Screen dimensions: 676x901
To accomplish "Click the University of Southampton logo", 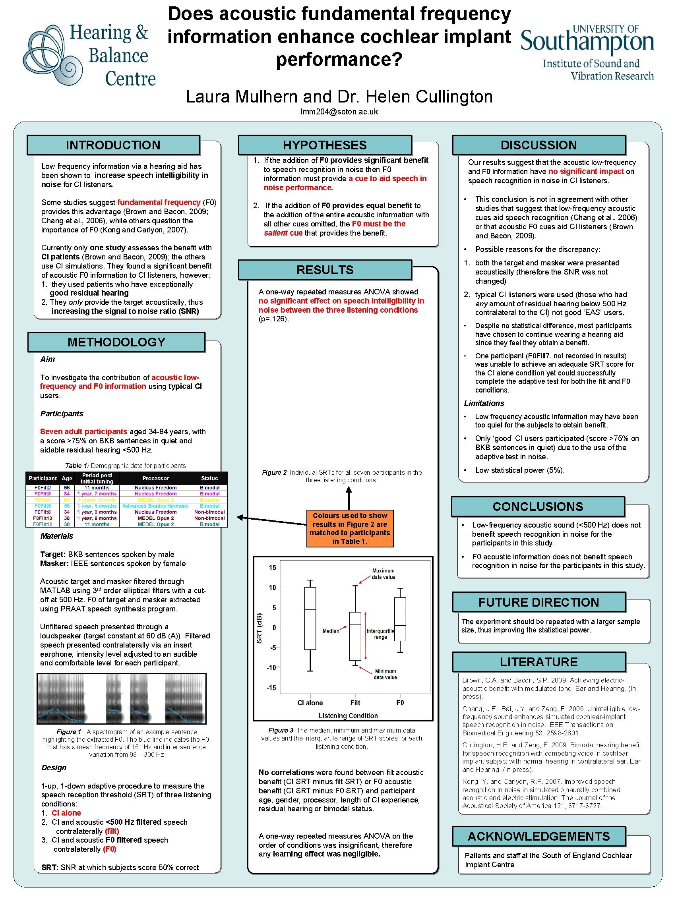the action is click(587, 52).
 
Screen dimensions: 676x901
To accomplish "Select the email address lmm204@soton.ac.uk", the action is click(339, 112).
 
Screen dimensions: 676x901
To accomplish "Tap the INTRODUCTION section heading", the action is click(113, 145).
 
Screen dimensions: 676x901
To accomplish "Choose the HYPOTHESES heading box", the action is click(325, 145).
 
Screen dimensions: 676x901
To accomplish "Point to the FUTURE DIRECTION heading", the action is click(538, 602).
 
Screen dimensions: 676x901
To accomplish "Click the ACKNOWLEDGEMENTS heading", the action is click(538, 836).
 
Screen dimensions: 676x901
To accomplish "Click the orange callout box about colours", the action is click(350, 528).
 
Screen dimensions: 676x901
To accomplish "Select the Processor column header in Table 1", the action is click(155, 478).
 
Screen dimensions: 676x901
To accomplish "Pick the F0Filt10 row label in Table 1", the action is click(43, 518).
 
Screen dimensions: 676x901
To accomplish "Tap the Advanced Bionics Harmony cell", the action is click(155, 506).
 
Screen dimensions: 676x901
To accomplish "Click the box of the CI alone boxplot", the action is click(310, 618).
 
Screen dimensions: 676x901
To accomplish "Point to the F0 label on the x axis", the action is click(400, 703).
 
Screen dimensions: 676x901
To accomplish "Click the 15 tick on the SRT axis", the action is click(272, 567).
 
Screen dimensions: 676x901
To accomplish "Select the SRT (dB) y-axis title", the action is click(259, 628).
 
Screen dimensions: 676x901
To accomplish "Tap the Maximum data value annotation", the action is click(383, 574).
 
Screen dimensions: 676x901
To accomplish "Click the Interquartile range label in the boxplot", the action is click(380, 634).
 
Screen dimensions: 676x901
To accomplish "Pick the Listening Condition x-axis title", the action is click(348, 715).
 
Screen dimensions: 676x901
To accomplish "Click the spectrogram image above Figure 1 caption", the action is click(122, 698).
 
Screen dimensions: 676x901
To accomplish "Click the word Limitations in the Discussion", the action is click(484, 403).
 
